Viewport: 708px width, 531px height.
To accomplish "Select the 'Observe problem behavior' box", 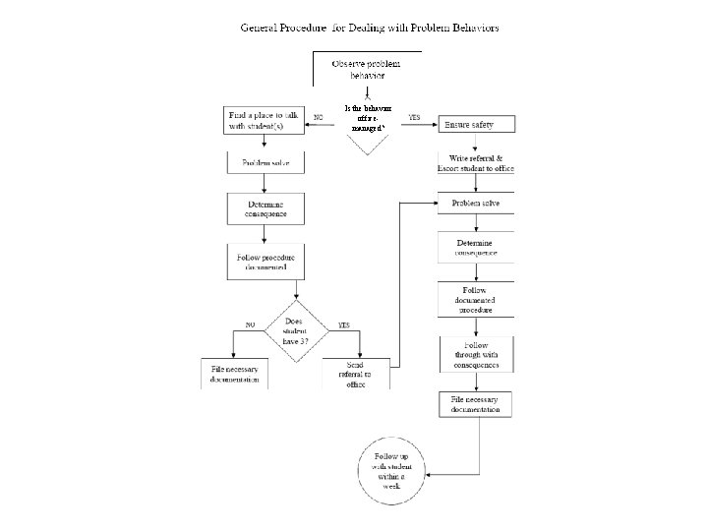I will click(x=365, y=69).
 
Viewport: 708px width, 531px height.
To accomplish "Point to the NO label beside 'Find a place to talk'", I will click(x=319, y=117).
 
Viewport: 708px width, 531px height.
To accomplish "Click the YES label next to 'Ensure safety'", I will click(x=414, y=117).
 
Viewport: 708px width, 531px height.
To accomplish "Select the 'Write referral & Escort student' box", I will click(x=476, y=163).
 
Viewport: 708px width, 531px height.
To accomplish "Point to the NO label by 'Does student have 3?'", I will click(x=251, y=323).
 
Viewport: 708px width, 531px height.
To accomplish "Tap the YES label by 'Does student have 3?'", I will click(x=344, y=323).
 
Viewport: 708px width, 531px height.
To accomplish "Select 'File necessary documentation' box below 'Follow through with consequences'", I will click(x=475, y=404).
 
